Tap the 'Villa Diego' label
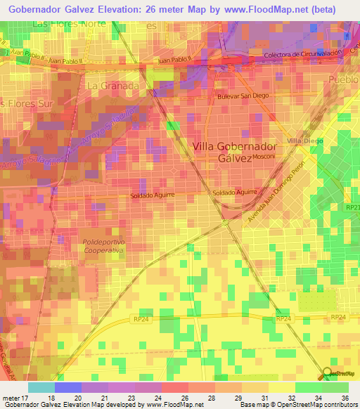point(304,141)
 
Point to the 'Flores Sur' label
point(22,103)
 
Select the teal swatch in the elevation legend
point(41,387)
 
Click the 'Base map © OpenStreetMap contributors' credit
point(297,405)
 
